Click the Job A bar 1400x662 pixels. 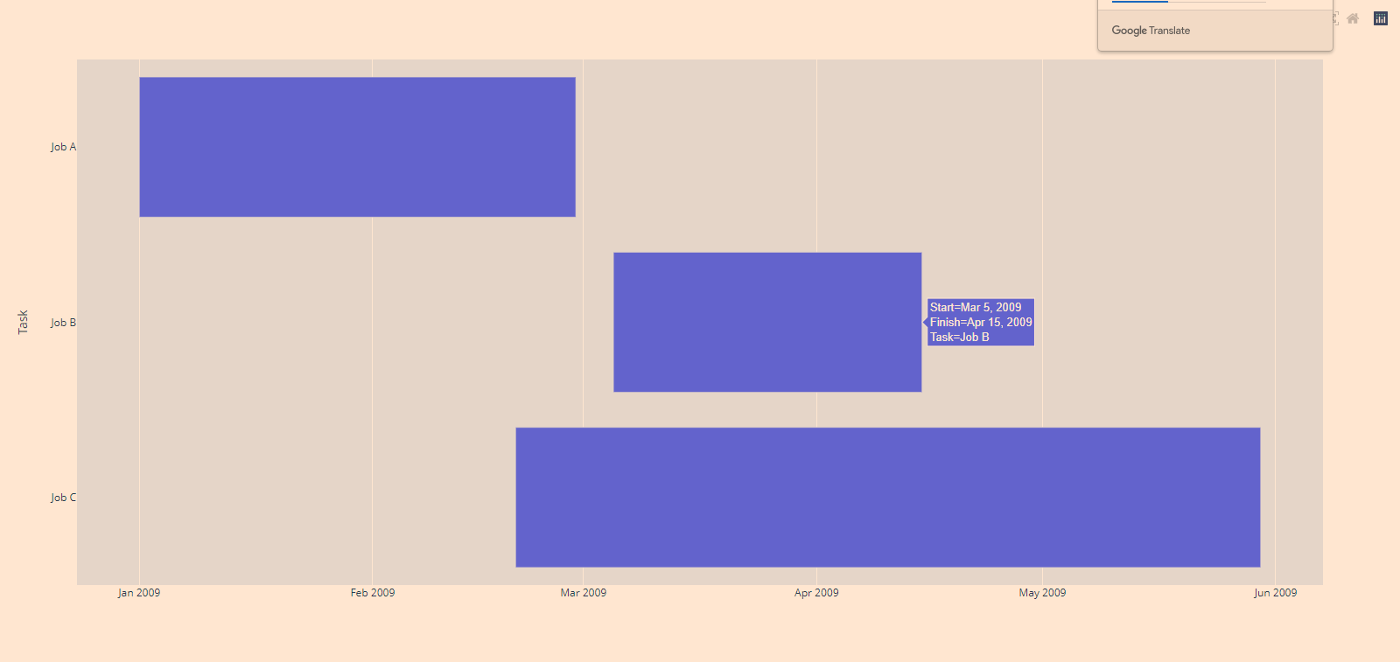357,147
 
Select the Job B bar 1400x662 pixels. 766,322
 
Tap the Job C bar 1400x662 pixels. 887,497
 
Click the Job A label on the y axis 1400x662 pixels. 63,147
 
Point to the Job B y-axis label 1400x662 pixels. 63,323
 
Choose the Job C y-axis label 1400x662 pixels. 63,498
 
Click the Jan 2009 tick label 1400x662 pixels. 139,593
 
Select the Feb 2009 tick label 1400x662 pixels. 373,593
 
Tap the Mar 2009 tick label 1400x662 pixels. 583,593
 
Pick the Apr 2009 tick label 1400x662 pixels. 816,593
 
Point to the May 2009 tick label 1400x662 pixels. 1042,593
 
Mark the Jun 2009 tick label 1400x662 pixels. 1275,593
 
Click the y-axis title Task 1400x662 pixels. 24,322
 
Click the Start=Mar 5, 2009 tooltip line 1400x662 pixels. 976,308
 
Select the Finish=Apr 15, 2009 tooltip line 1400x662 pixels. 981,323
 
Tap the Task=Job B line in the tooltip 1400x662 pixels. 960,338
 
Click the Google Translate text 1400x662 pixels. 1151,31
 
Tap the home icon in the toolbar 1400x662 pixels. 1353,18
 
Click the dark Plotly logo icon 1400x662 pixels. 1381,18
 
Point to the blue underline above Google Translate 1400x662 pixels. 1139,2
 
